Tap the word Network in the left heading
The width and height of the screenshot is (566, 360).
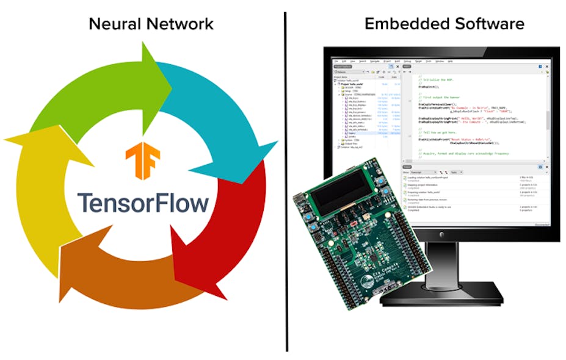coord(180,24)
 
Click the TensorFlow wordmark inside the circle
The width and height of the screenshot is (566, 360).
coord(142,203)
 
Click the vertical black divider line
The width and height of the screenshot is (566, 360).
coord(286,183)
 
